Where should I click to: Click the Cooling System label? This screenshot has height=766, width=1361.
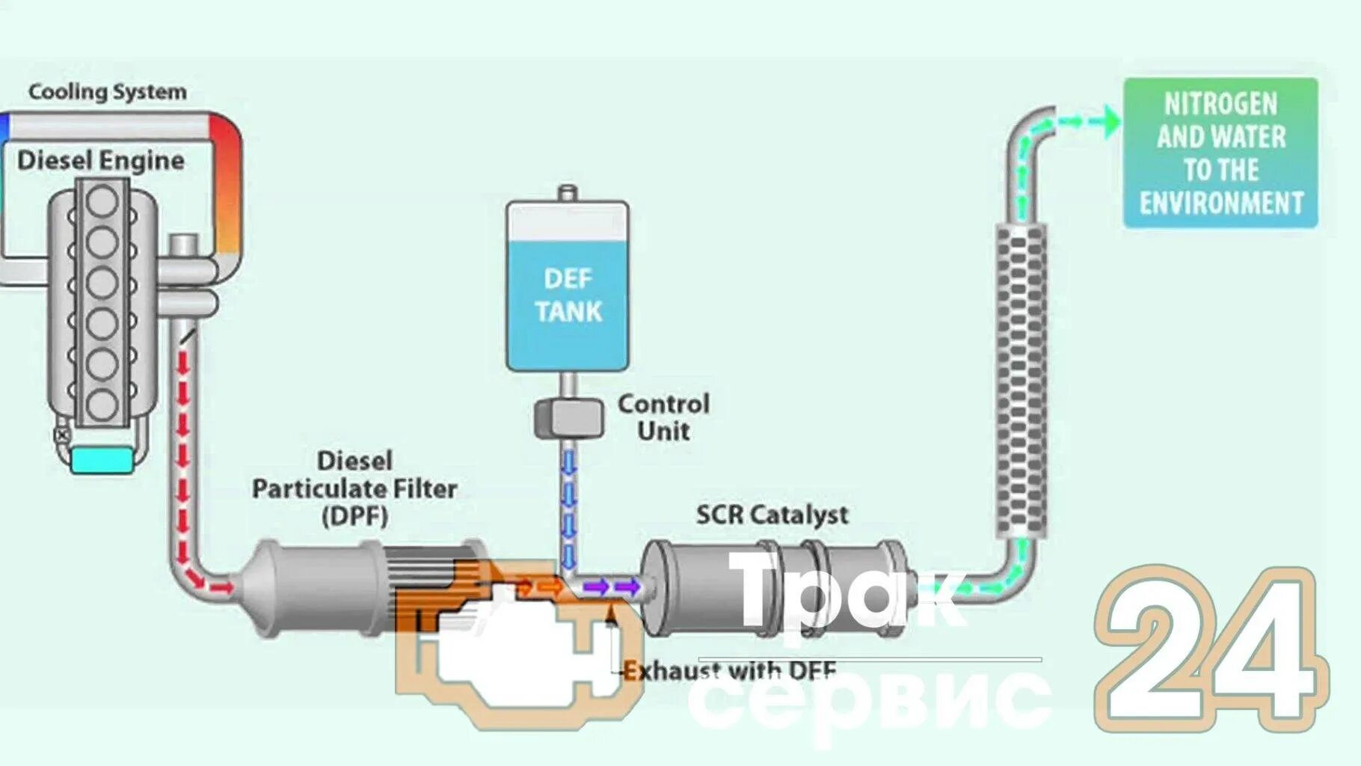[107, 92]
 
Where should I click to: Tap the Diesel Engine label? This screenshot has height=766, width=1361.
[100, 160]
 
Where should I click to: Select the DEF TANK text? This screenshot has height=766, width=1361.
[568, 295]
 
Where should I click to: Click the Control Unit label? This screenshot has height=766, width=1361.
[663, 417]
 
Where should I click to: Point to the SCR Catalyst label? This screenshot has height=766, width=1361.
[772, 515]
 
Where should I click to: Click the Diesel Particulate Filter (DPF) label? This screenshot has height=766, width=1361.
[354, 488]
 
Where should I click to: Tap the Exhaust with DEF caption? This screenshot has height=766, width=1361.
[729, 670]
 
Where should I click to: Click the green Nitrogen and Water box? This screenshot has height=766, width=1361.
[1220, 153]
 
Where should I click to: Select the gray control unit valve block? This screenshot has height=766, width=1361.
[568, 418]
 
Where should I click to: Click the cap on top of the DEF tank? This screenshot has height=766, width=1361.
[568, 192]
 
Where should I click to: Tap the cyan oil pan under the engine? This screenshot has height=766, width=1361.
[102, 459]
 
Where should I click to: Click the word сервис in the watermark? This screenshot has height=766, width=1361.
[867, 699]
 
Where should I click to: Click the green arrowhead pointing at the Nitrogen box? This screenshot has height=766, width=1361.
[1112, 121]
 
